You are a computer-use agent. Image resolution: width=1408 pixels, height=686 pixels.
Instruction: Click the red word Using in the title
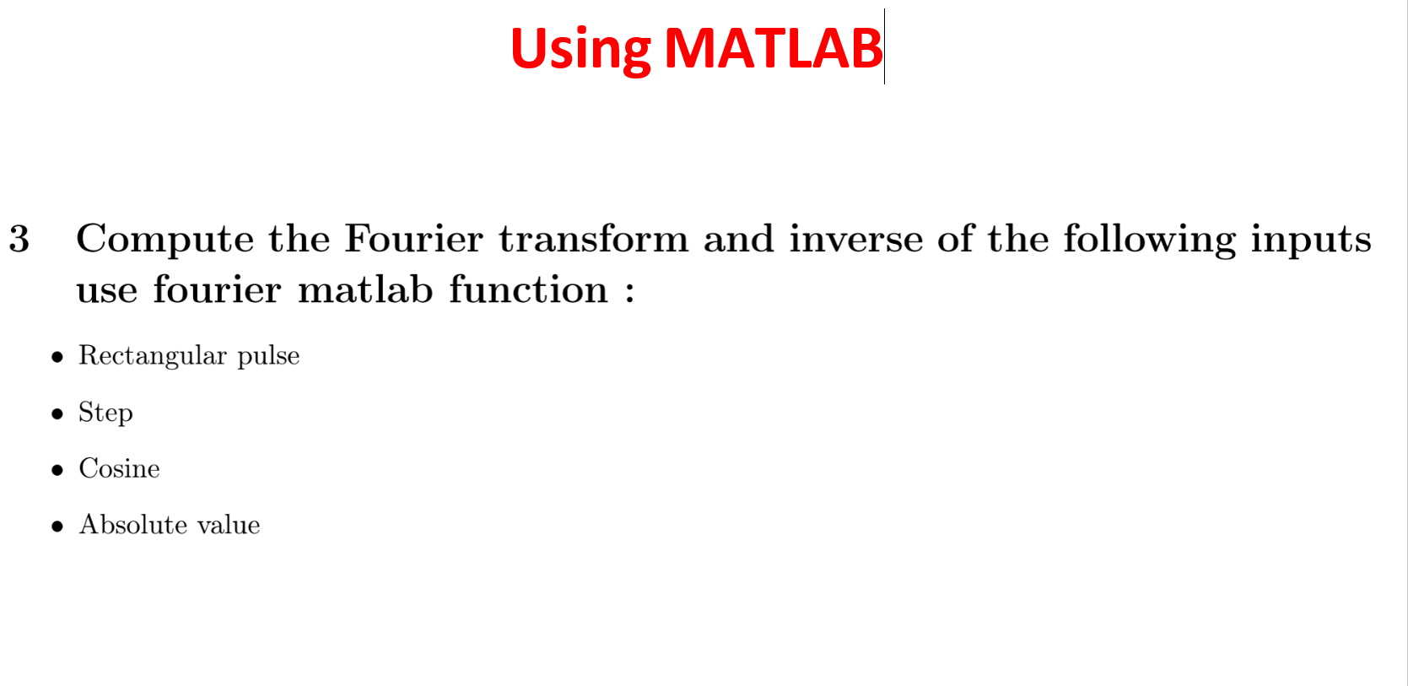pyautogui.click(x=580, y=51)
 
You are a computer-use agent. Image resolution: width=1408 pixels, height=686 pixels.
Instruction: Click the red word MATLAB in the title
pyautogui.click(x=773, y=48)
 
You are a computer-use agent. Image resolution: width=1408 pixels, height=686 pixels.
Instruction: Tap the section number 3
pyautogui.click(x=19, y=240)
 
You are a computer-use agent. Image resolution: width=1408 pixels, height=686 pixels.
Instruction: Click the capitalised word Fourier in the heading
pyautogui.click(x=414, y=239)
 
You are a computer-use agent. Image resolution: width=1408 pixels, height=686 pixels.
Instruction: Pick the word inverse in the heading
pyautogui.click(x=856, y=239)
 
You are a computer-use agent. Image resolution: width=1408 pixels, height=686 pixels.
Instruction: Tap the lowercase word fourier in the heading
pyautogui.click(x=217, y=290)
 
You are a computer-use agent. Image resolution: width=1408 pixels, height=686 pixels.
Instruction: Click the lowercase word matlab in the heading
pyautogui.click(x=365, y=290)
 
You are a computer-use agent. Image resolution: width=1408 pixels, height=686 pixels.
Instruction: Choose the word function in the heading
pyautogui.click(x=529, y=290)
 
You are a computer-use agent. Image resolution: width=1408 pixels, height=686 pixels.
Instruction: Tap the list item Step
pyautogui.click(x=105, y=413)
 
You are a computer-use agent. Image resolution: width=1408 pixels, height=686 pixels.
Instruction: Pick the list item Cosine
pyautogui.click(x=120, y=469)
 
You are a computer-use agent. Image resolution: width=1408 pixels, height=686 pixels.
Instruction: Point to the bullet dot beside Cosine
pyautogui.click(x=57, y=470)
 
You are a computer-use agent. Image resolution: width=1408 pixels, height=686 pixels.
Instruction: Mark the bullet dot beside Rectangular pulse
pyautogui.click(x=57, y=358)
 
